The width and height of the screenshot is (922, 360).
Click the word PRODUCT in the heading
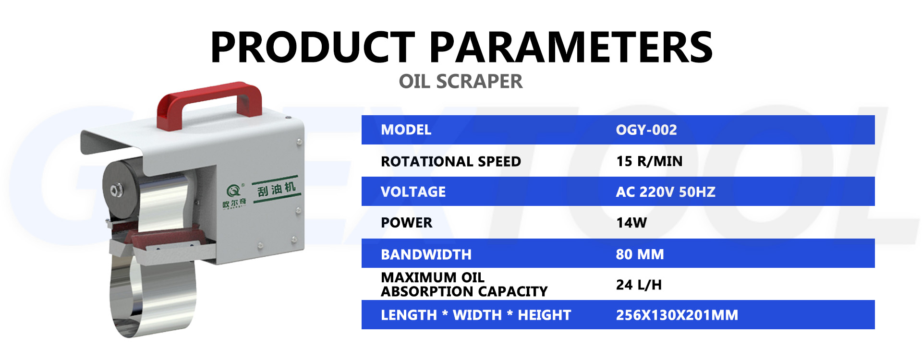[x=313, y=47]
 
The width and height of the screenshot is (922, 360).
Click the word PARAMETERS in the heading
[x=570, y=47]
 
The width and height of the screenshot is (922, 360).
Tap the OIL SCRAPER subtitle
[x=461, y=82]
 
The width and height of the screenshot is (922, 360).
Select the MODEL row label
[x=406, y=130]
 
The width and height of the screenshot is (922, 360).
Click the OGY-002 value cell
[x=646, y=130]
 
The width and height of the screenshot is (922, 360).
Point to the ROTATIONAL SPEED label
[x=450, y=161]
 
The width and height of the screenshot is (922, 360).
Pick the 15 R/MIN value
[x=649, y=161]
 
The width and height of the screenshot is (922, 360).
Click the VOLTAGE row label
[x=413, y=192]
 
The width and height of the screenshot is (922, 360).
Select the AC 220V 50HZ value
[x=666, y=192]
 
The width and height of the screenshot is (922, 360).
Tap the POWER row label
[x=406, y=223]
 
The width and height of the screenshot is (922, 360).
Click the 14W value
[x=631, y=223]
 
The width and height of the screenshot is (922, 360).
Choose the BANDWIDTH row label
[x=426, y=254]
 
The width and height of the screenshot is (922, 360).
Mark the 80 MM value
[x=640, y=254]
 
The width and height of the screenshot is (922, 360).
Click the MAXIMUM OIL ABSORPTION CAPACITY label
[x=464, y=285]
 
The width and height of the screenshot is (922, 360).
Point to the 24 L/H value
[x=639, y=285]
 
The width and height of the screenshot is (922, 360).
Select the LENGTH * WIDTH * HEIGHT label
[x=476, y=315]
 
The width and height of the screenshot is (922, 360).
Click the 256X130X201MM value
[x=677, y=315]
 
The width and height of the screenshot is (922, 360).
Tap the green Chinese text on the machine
[x=276, y=189]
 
